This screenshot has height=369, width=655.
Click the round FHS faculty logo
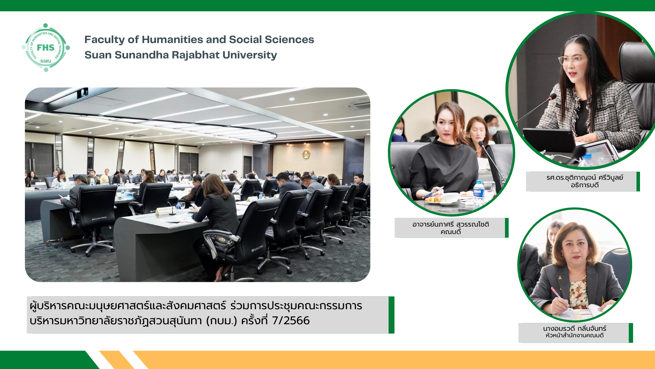point(46,47)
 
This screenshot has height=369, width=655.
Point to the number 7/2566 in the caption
point(291,320)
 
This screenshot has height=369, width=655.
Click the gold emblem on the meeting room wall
point(306,154)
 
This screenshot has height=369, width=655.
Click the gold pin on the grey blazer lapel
point(560,277)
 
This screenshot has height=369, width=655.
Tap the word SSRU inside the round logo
point(46,61)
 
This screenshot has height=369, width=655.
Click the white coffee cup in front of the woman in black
point(451,198)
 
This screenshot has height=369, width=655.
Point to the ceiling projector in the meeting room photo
point(82,93)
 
